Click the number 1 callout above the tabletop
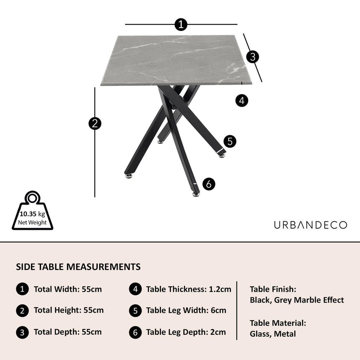180,25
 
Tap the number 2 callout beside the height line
95,123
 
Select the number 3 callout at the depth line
252,57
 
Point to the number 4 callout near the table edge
242,100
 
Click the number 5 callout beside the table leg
230,141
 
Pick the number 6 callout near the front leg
209,184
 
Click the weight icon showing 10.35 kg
33,211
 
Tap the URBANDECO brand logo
311,225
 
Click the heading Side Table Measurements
78,267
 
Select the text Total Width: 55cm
68,289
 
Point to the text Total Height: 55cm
69,311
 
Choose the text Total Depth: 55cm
68,332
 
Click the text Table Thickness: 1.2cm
188,289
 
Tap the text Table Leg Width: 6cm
186,311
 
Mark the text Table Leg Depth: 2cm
186,332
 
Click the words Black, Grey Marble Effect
297,300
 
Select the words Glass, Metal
273,334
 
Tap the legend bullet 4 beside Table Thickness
135,289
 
